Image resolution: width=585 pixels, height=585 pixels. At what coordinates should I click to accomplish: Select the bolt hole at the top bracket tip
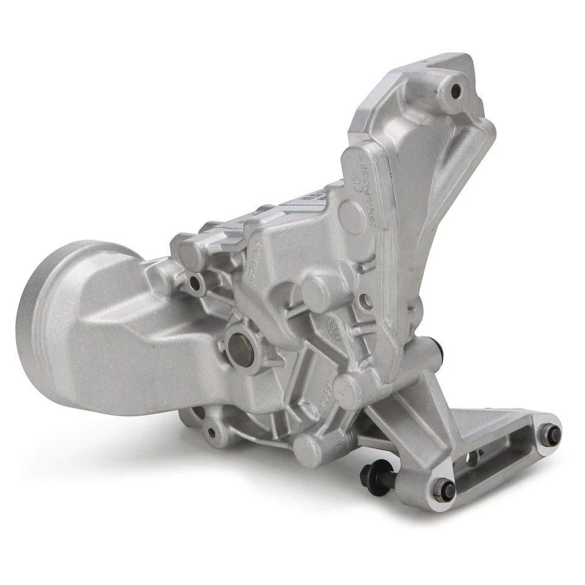tap(456, 91)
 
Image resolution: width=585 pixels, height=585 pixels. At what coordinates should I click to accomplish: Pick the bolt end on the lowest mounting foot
tap(443, 489)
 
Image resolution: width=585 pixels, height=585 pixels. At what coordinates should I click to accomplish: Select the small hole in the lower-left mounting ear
tap(211, 433)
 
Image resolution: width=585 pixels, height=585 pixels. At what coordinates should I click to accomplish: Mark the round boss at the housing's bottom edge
tap(308, 450)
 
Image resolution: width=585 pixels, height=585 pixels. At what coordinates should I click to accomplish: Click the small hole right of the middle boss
tap(366, 300)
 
